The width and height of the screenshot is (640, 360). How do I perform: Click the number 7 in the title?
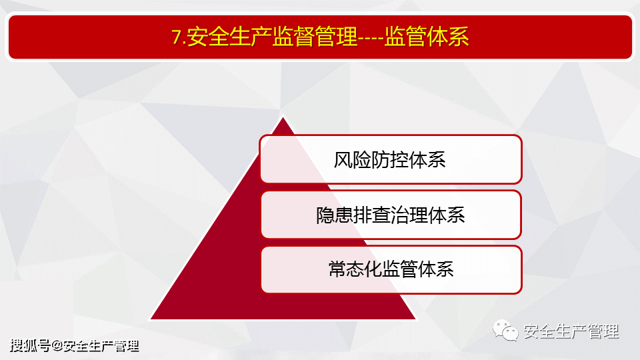(177, 37)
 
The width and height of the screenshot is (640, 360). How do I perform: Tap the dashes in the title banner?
(371, 37)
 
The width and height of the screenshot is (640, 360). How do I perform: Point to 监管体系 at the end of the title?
(426, 36)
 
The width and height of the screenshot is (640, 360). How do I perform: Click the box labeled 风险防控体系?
(391, 159)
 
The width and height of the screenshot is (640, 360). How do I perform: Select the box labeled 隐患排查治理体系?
(391, 215)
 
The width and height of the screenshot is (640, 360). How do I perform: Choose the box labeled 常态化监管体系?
(391, 270)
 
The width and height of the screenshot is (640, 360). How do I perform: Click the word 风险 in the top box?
(352, 159)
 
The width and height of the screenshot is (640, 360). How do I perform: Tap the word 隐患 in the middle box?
(335, 215)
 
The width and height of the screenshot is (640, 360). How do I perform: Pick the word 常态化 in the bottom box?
(356, 270)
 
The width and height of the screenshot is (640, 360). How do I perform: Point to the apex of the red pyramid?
(283, 117)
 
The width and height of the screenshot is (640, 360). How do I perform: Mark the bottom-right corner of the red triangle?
(415, 319)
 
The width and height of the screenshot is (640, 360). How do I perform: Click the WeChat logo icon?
(505, 330)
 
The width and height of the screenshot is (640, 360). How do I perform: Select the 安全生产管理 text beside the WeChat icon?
(571, 331)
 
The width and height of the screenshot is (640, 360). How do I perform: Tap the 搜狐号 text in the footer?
(30, 346)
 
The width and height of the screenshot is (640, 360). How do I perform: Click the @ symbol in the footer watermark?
(57, 346)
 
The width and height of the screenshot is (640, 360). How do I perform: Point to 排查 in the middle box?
(372, 215)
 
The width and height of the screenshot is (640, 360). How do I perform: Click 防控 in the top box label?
(389, 159)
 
